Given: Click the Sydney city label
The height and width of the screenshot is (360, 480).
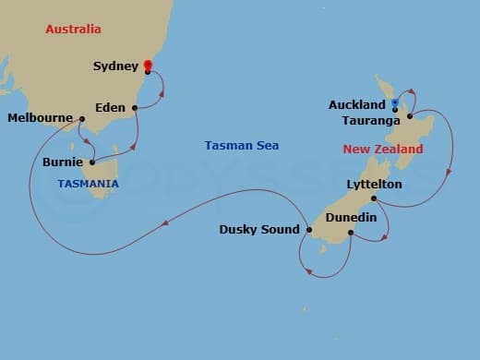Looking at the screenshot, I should tap(116, 66).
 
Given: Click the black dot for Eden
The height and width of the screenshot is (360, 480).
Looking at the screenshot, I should tap(136, 108).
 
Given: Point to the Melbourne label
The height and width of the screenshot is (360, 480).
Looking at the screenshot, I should tap(41, 118).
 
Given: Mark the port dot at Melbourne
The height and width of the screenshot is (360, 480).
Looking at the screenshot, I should tap(82, 118).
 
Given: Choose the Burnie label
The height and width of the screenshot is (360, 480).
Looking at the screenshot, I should tap(63, 162).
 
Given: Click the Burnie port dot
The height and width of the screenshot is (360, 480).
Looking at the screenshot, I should tap(91, 162).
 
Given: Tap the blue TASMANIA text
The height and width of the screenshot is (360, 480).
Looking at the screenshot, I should tap(88, 184).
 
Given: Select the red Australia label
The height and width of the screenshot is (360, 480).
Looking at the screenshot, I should tap(73, 30).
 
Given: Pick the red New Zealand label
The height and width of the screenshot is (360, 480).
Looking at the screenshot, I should tap(383, 149).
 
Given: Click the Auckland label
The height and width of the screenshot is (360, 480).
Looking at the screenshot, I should tap(357, 105).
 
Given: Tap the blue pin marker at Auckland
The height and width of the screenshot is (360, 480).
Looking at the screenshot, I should tap(395, 103).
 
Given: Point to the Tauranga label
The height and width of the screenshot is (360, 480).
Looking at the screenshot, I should tap(368, 120).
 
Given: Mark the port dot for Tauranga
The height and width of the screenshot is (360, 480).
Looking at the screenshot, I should tap(409, 117).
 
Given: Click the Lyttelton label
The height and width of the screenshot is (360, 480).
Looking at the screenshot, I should tap(341, 185).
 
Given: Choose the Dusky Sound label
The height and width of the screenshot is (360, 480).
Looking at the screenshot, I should tap(259, 230).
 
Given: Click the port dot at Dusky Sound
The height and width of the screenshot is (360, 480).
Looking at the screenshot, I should tap(307, 229).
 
